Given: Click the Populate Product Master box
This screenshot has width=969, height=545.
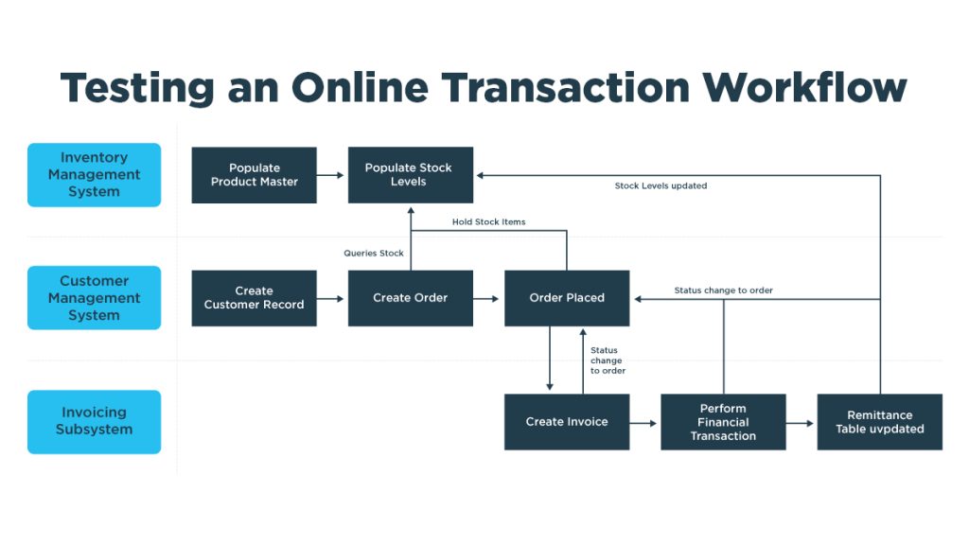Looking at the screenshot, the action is (x=254, y=175).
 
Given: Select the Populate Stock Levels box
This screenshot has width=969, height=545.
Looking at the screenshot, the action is (x=411, y=175).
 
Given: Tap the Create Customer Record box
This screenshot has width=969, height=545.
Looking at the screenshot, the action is (x=254, y=298).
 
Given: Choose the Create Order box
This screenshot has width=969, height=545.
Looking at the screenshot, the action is (x=411, y=298).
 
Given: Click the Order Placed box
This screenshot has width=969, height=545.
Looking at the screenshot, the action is (x=567, y=298).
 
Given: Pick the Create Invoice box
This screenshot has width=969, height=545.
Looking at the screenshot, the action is (x=567, y=422).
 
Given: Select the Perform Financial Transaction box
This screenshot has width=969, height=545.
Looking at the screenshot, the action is (x=723, y=422).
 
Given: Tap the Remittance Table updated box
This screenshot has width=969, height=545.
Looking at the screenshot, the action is (x=879, y=422).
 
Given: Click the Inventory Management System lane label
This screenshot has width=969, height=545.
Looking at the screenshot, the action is (x=94, y=175).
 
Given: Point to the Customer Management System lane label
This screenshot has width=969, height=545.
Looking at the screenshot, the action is (x=94, y=298).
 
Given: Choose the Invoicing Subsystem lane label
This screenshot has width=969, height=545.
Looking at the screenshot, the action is (x=94, y=422).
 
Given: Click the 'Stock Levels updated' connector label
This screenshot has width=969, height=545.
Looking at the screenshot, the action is (x=661, y=185).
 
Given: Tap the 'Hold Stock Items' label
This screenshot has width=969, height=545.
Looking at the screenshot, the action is (x=489, y=221).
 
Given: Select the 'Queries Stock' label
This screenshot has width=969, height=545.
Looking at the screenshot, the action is (x=373, y=254).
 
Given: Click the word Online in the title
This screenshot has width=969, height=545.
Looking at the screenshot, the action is (x=360, y=87).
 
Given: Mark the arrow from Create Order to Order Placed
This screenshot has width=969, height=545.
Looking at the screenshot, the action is (x=485, y=299).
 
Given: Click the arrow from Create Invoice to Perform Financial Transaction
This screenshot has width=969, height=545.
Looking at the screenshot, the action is (x=643, y=423).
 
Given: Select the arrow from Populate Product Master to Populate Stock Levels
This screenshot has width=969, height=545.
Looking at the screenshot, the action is (x=330, y=175).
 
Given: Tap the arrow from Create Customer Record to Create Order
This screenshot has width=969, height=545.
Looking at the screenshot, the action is (x=330, y=299).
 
